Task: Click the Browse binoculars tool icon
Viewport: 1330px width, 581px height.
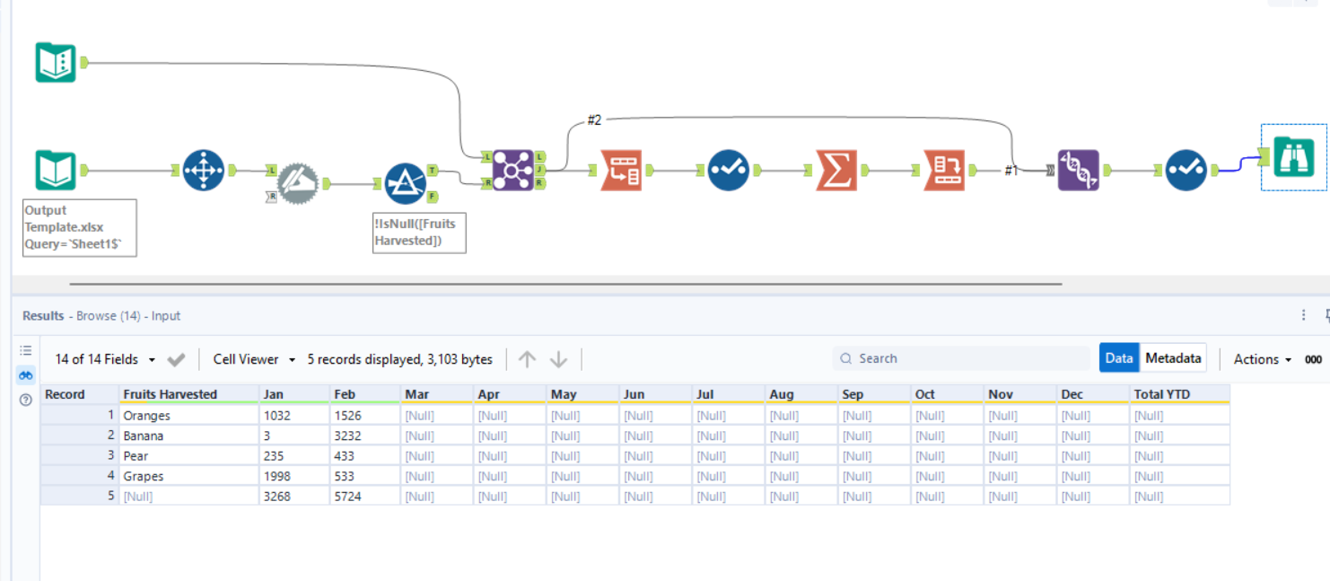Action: click(1293, 158)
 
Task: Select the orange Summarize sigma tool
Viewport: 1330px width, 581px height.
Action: click(836, 170)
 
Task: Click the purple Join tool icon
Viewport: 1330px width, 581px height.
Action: click(512, 170)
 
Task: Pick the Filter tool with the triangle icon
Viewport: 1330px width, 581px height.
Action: click(405, 183)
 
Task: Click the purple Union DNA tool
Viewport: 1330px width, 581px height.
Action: click(1078, 170)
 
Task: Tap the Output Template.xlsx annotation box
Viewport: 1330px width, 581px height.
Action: click(80, 228)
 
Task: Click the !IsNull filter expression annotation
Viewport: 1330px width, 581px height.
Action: click(419, 233)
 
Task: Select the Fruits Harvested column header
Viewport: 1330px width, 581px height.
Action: click(171, 394)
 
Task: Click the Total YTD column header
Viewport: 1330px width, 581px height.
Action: click(1161, 394)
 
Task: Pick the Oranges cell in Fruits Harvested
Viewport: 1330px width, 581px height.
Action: click(147, 416)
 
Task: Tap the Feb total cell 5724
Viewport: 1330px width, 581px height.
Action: click(348, 496)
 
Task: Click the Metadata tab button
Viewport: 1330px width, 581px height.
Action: click(1173, 358)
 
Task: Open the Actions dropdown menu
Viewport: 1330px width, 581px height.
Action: click(1262, 359)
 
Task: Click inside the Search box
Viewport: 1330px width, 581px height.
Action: click(960, 358)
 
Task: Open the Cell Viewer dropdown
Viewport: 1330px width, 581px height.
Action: click(254, 359)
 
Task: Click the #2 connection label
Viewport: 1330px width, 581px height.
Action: click(594, 120)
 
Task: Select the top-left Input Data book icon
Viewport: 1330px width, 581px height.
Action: click(56, 62)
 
